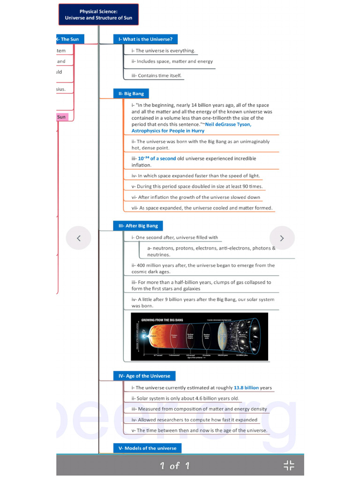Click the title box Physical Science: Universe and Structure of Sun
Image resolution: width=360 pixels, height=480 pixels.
coord(98,15)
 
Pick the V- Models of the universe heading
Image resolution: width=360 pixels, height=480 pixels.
coord(147,448)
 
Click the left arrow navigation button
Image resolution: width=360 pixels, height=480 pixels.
coord(78,238)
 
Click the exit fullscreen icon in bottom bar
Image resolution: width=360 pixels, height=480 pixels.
coord(289,465)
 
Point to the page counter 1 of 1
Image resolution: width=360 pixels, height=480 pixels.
coord(174,465)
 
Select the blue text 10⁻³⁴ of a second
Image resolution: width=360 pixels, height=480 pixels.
coord(157,158)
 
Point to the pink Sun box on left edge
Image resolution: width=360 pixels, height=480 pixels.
coord(62,117)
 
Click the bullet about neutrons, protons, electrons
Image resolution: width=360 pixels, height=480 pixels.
coord(211,251)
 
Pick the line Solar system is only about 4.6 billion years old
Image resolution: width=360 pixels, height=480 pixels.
coord(185,398)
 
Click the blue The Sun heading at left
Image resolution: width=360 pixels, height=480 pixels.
coord(70,39)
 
